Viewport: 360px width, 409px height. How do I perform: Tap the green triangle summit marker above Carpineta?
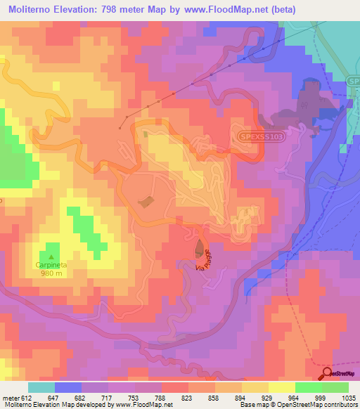(50, 255)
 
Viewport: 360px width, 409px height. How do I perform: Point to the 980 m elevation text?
(49, 273)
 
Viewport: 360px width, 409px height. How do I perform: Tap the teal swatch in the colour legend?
(41, 387)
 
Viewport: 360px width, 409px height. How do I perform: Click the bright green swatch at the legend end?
(335, 387)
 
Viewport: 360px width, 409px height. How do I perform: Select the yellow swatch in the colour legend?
(254, 387)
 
